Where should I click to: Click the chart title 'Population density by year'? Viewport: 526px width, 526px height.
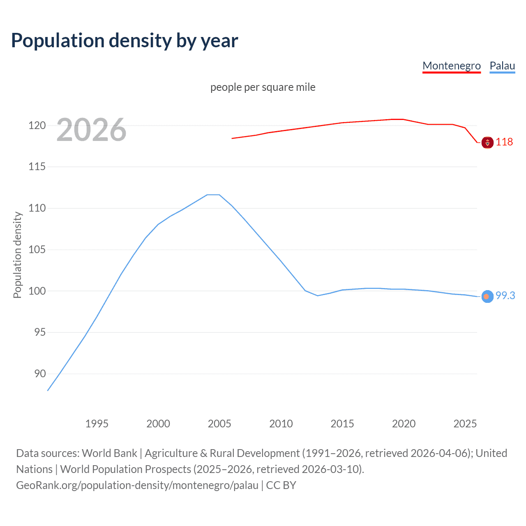(x=125, y=41)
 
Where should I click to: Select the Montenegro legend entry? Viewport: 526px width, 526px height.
(x=451, y=66)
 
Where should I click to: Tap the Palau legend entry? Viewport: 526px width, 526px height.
(x=502, y=66)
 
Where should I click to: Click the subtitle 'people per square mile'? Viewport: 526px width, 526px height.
(x=263, y=87)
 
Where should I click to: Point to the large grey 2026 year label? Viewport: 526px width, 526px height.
(x=91, y=130)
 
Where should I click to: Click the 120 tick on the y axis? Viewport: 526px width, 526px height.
(x=37, y=125)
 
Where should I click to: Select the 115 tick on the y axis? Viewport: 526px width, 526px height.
(x=37, y=167)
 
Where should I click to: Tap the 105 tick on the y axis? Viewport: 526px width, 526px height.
(x=37, y=249)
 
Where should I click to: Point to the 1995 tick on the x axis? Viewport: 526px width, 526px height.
(x=97, y=424)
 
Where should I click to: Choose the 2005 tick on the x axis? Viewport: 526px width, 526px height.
(x=219, y=424)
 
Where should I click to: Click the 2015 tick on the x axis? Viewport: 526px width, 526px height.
(x=342, y=424)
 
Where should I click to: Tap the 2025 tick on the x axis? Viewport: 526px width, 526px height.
(x=465, y=424)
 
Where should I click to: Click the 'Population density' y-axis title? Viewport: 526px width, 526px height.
(x=17, y=255)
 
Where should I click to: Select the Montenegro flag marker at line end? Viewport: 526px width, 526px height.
(x=487, y=143)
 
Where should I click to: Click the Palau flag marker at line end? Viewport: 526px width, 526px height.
(x=487, y=296)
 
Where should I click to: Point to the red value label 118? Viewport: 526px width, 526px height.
(x=504, y=142)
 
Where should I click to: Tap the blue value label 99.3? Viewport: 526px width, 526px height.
(x=505, y=295)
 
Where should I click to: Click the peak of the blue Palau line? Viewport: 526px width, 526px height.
(x=213, y=195)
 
